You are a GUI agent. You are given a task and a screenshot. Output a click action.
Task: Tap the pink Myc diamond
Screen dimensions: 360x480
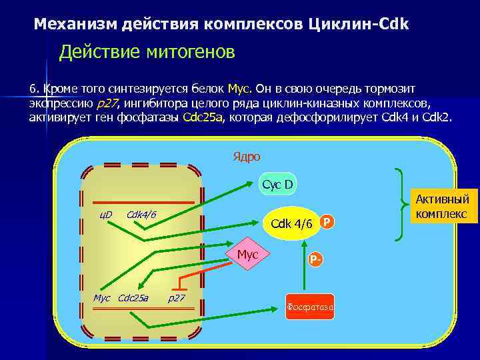click(x=247, y=253)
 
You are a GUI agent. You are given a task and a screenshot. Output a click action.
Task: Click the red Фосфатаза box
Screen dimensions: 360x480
click(x=310, y=307)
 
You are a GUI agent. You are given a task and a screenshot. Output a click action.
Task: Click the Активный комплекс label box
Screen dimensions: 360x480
click(x=443, y=206)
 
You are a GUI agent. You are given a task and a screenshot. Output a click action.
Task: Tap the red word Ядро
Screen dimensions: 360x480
click(x=247, y=156)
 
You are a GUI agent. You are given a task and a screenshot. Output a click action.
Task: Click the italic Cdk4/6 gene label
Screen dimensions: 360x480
click(x=141, y=214)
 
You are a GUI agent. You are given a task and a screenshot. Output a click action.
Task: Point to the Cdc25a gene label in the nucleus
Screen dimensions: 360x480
click(x=133, y=297)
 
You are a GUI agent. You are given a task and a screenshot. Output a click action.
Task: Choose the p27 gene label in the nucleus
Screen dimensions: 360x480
click(x=177, y=297)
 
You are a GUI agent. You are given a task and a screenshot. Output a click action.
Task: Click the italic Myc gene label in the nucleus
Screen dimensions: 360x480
click(x=102, y=297)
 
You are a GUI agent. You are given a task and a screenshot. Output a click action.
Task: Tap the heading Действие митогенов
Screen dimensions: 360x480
click(x=147, y=52)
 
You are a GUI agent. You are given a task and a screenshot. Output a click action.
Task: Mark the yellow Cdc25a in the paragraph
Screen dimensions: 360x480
click(x=204, y=118)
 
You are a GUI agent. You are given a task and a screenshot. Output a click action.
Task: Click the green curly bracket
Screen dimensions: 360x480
click(x=402, y=203)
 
